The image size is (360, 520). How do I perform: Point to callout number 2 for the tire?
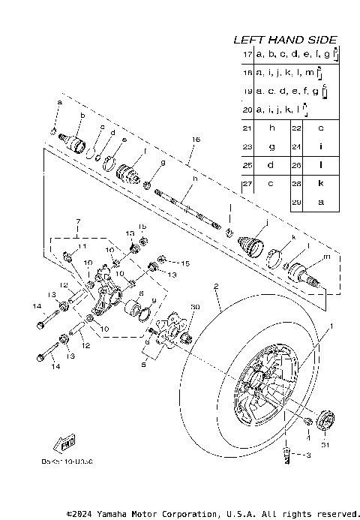(x=215, y=286)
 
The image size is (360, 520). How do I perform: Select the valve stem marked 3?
(x=287, y=455)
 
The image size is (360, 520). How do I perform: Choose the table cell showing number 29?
(x=297, y=202)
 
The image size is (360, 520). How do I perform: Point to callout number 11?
(x=82, y=246)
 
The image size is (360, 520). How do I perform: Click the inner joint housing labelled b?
(x=76, y=141)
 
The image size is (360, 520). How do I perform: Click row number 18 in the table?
(x=247, y=73)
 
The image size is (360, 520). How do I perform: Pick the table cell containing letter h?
(x=272, y=128)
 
